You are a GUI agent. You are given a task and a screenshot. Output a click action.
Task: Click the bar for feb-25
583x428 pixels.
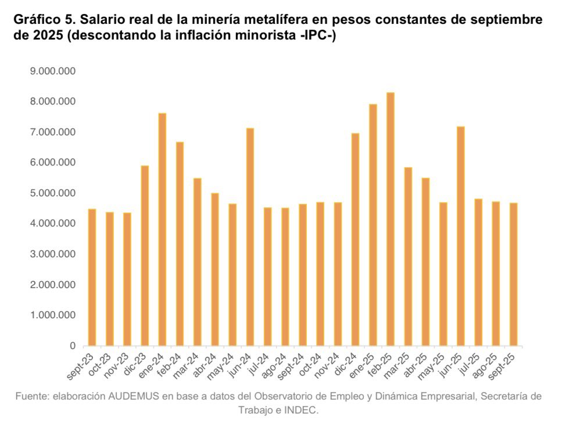(391, 219)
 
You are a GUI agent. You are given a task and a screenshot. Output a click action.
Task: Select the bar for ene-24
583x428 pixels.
(162, 229)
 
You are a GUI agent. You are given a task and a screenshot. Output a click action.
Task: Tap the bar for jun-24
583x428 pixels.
(250, 237)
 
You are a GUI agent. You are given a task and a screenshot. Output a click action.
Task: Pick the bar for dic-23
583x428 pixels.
(145, 256)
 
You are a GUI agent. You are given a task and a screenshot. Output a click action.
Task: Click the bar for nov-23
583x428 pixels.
(127, 279)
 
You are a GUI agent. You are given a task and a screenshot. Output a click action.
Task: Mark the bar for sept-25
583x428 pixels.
(514, 274)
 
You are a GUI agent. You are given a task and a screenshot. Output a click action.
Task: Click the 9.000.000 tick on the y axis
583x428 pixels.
(53, 71)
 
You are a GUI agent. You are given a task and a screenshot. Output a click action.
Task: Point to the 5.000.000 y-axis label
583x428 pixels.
(53, 193)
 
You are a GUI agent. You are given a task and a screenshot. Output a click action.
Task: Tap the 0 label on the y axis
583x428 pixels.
(73, 346)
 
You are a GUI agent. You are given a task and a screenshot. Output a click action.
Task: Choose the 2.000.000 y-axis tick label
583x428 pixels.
(53, 285)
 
